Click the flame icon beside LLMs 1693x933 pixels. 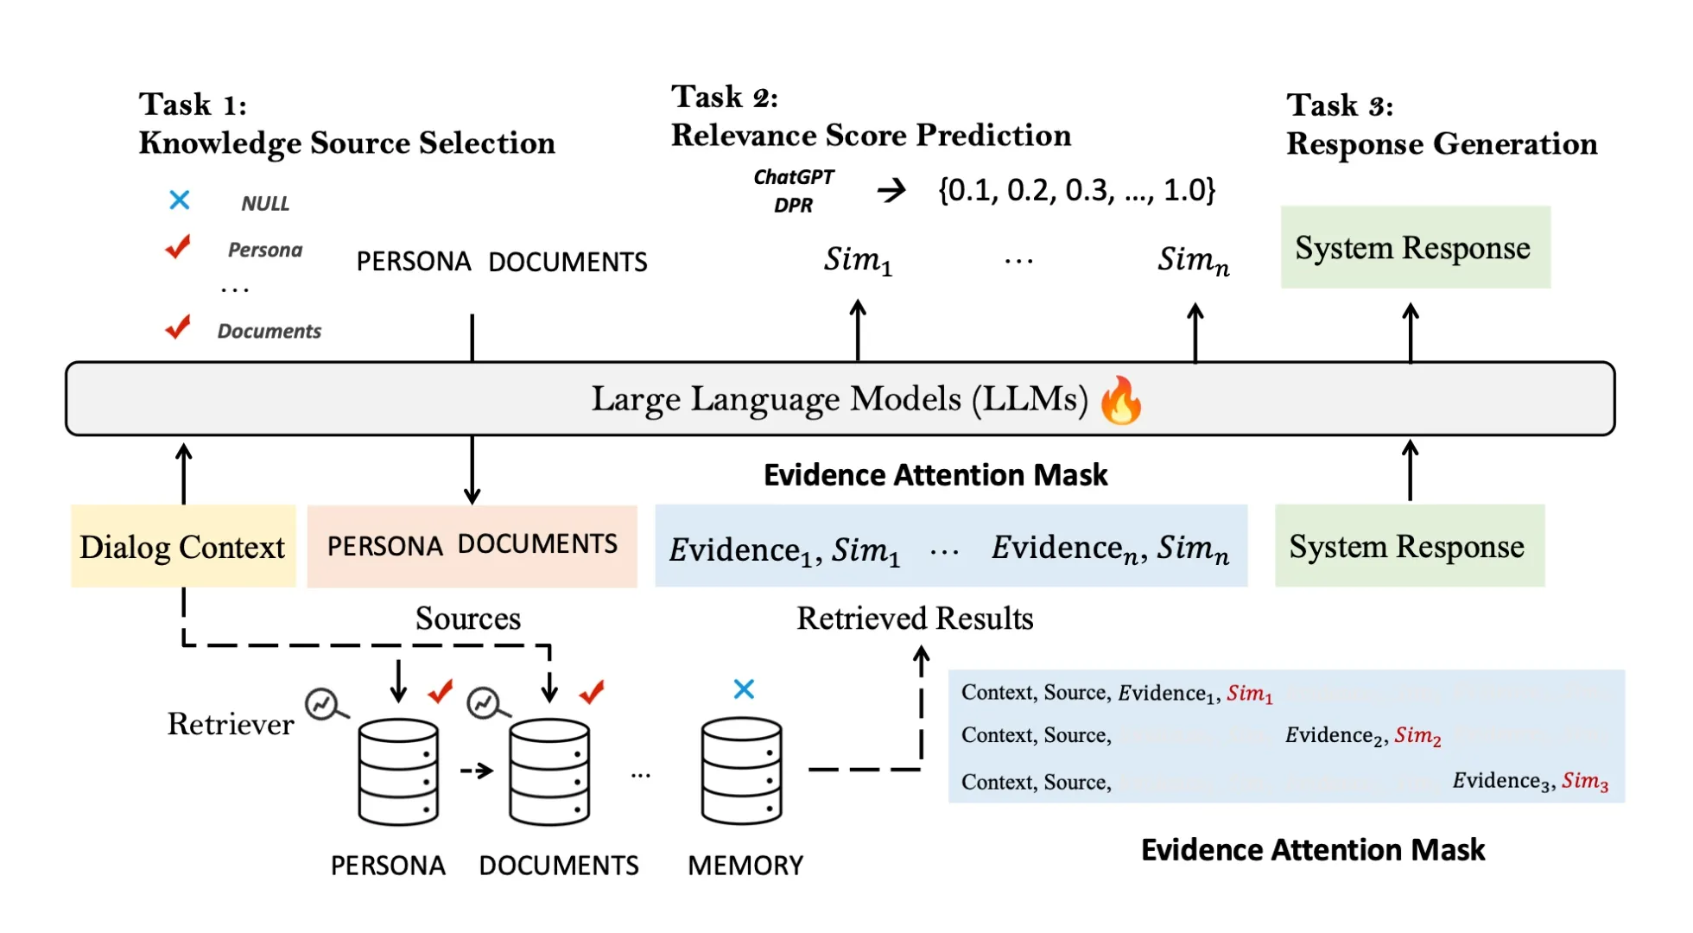[x=1121, y=401]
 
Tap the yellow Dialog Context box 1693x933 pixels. [x=183, y=547]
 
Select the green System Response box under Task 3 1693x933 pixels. [x=1415, y=248]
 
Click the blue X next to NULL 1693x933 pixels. [x=180, y=200]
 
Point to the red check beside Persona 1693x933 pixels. [x=178, y=247]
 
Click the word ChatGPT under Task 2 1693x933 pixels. [x=793, y=177]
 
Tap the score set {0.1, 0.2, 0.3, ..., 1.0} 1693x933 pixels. [x=1076, y=190]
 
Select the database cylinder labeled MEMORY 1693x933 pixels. [x=742, y=771]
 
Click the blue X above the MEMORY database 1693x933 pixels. [x=744, y=689]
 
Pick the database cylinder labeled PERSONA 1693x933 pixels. [x=398, y=771]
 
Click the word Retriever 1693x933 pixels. [x=231, y=724]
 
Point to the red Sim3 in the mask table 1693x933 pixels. [x=1584, y=781]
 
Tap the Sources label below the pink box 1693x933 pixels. [x=467, y=619]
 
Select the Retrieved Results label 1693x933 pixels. [x=915, y=619]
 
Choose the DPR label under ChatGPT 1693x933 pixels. [x=793, y=206]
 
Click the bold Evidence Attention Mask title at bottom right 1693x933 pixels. [x=1312, y=850]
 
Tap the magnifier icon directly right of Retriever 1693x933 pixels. [x=326, y=705]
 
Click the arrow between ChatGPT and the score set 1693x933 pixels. [x=891, y=190]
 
